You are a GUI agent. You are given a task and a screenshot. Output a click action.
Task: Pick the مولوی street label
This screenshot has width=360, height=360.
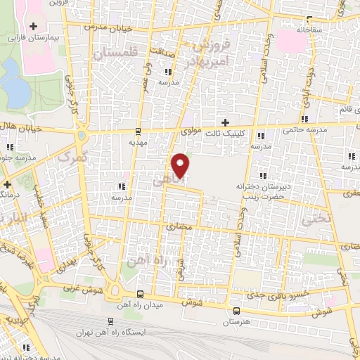(x=191, y=130)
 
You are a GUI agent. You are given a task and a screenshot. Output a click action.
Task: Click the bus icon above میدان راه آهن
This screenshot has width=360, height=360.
(x=140, y=294)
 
